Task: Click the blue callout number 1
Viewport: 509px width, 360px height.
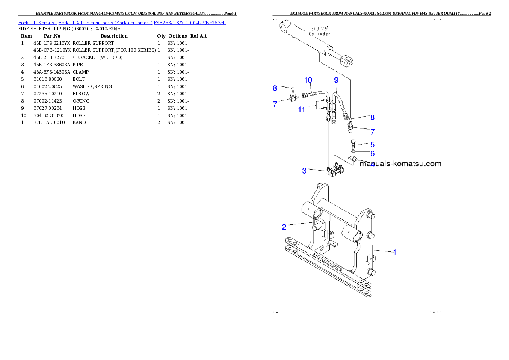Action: click(x=394, y=252)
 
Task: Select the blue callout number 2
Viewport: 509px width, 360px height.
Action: click(x=284, y=227)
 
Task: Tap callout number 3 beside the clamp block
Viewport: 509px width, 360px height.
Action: click(x=304, y=171)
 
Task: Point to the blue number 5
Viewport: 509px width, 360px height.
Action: click(x=373, y=145)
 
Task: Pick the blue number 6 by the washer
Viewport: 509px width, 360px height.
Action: click(x=373, y=153)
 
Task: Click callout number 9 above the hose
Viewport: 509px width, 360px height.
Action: click(x=336, y=80)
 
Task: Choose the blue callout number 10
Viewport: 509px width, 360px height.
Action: click(x=308, y=80)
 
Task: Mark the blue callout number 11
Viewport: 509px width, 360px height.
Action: click(x=302, y=110)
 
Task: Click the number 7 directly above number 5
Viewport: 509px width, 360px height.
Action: click(x=373, y=132)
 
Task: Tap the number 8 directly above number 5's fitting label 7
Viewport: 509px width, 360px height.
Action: click(x=373, y=117)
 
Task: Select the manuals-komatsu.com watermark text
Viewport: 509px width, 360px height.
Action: click(x=400, y=164)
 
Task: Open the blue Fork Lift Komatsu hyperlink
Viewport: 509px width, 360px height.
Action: click(x=122, y=22)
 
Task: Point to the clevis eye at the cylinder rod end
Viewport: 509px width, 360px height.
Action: click(x=347, y=59)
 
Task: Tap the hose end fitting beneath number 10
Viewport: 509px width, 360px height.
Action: click(x=305, y=95)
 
